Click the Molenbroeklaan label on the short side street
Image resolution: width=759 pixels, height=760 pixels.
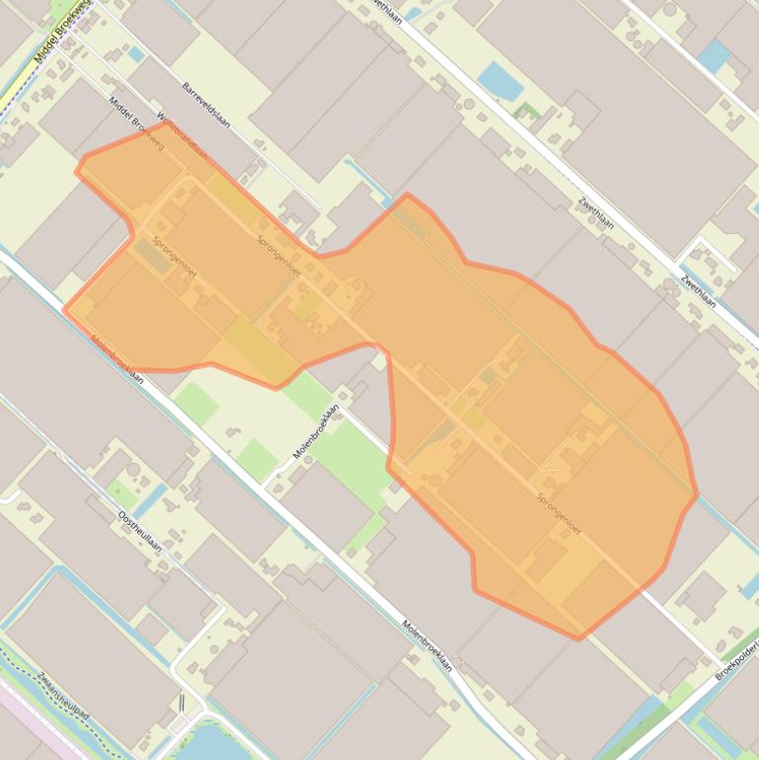tap(316, 431)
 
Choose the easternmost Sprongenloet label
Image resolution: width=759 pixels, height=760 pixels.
tap(559, 513)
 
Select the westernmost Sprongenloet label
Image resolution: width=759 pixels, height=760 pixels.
tap(174, 259)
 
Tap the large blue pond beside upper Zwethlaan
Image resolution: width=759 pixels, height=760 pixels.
tap(500, 82)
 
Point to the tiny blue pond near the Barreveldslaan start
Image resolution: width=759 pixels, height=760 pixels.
tap(134, 54)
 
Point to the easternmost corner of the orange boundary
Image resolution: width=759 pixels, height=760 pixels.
tap(698, 494)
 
